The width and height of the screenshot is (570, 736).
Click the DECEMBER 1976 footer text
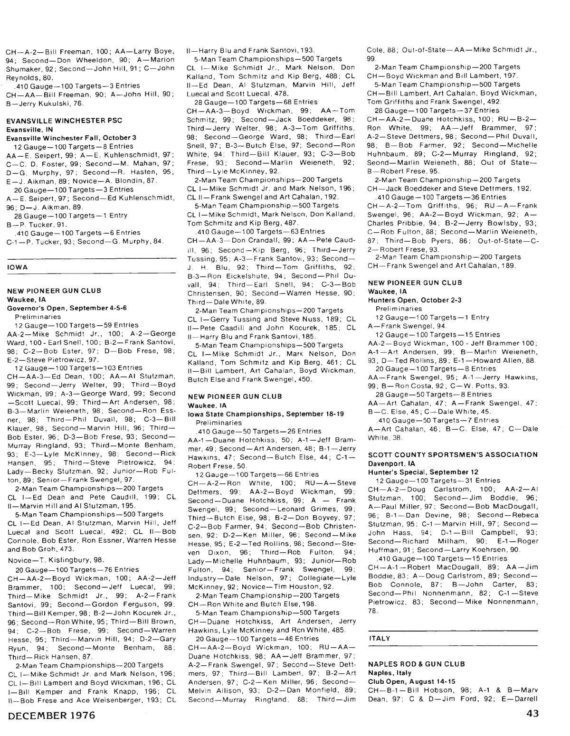point(51,715)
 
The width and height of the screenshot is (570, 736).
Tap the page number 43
point(532,714)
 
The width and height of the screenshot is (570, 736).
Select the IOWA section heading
point(18,267)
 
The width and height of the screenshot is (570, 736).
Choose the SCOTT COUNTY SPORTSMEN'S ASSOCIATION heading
point(453,454)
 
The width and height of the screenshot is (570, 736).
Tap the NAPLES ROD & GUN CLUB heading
point(416,664)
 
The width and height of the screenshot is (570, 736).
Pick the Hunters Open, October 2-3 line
point(408,300)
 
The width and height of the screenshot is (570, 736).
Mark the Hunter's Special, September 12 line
point(416,472)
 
